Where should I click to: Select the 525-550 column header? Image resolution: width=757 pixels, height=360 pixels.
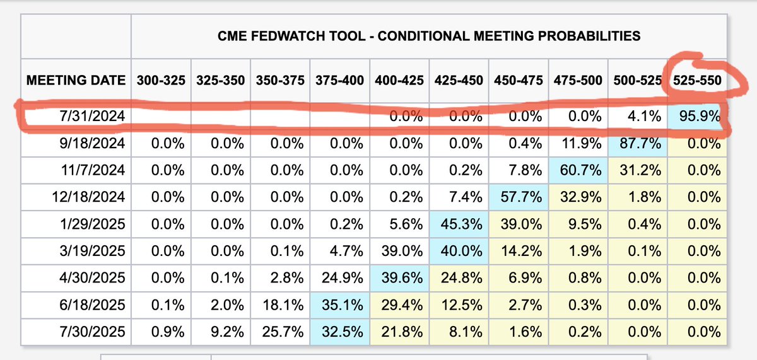pos(697,81)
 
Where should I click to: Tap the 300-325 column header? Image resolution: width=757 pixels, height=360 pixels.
pos(161,81)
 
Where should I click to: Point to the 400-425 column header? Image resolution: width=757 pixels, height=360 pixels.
pos(399,81)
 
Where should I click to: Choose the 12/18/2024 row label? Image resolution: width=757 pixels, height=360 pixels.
pos(89,197)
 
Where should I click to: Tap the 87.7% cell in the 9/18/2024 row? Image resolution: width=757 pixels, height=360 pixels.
pos(640,144)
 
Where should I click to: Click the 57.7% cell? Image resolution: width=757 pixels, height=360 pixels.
pos(521,197)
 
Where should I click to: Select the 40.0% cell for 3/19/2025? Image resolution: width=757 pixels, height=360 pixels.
pos(461,251)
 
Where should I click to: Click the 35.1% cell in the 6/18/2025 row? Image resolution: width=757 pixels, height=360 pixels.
pos(341,305)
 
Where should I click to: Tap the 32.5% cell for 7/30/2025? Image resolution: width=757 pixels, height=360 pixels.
pos(341,331)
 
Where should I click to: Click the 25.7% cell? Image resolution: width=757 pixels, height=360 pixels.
pos(281,331)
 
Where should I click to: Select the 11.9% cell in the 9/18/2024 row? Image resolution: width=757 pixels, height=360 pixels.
pos(580,144)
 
